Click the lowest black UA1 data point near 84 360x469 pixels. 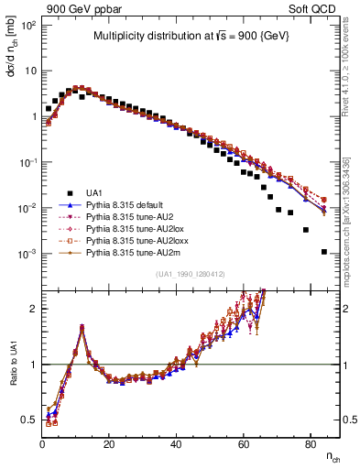click(x=323, y=251)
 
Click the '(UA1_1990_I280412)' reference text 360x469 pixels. click(x=190, y=274)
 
